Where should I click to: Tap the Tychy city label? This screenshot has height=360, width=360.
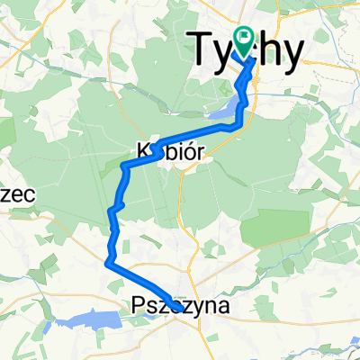[245, 50]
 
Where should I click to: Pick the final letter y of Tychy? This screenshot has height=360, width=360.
[288, 54]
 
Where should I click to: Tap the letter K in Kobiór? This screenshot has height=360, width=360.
[141, 148]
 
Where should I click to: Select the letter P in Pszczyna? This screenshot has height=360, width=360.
[138, 306]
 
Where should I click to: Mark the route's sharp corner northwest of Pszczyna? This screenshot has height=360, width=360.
[109, 263]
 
